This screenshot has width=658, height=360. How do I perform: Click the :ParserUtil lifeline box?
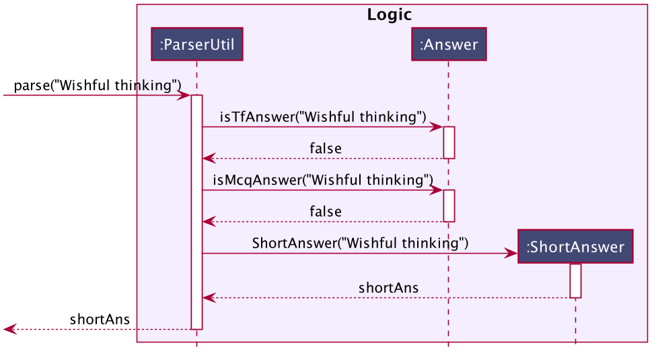click(x=197, y=44)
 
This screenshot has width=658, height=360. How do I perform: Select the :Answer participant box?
click(x=449, y=44)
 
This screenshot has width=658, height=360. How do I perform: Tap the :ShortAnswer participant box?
click(x=575, y=246)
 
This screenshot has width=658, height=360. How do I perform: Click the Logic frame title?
click(x=390, y=15)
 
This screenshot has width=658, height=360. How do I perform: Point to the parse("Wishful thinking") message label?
click(x=98, y=85)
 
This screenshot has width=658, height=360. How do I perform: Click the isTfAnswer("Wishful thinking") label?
click(x=323, y=116)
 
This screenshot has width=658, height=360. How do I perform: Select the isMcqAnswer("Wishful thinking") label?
click(x=323, y=180)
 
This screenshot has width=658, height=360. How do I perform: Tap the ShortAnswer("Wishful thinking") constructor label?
click(x=360, y=243)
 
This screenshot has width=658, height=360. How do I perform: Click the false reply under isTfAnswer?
click(x=325, y=149)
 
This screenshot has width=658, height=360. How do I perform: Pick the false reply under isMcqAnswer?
click(x=325, y=211)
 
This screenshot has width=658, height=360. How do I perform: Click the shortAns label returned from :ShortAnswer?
click(x=388, y=288)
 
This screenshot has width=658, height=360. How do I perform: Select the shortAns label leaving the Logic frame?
click(x=100, y=320)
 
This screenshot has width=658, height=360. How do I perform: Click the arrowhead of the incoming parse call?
click(x=184, y=96)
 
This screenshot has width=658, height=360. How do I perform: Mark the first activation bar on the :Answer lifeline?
click(x=449, y=143)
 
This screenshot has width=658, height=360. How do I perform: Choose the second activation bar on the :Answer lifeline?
click(x=449, y=206)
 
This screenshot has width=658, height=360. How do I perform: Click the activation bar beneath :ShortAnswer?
click(x=575, y=281)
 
